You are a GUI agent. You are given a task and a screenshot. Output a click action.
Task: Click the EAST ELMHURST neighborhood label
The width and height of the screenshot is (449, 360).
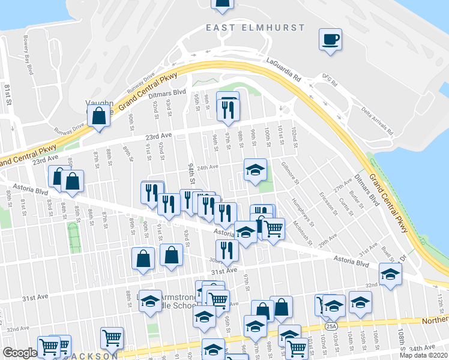point(255,28)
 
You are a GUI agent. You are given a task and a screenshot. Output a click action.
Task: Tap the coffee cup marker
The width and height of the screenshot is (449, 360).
point(330,40)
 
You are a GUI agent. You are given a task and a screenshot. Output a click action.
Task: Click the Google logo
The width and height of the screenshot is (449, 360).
point(19,353)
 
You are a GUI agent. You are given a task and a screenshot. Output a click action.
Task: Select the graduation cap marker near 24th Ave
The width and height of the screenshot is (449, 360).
point(255,171)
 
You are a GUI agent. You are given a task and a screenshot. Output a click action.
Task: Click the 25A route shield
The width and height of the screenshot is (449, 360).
point(331,326)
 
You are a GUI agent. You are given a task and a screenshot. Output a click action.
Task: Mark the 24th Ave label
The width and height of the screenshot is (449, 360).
point(206,167)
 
